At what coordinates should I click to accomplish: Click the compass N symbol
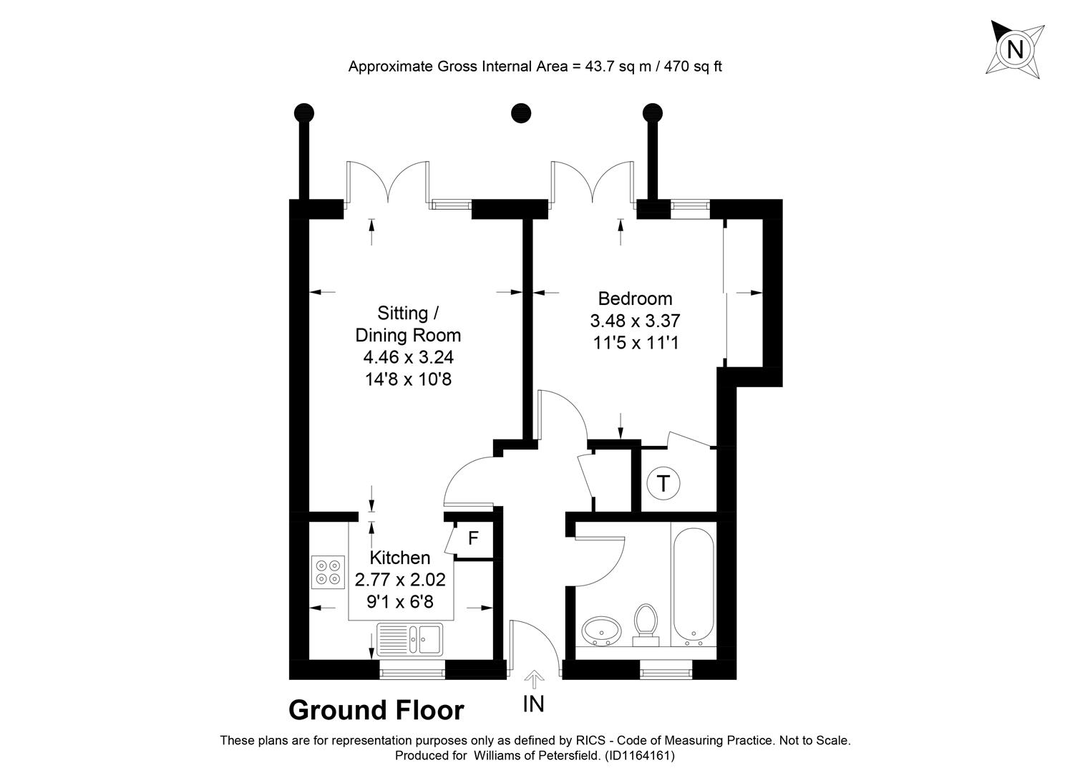point(1015,49)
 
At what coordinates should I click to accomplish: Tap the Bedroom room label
point(635,298)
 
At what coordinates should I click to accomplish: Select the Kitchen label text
point(399,558)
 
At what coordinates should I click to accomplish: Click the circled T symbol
point(663,485)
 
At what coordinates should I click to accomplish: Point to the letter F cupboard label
point(472,538)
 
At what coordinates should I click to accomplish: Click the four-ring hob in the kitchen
point(328,571)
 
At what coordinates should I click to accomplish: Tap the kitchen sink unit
point(410,638)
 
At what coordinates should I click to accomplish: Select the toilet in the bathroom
point(646,621)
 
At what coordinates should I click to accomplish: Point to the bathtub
point(693,583)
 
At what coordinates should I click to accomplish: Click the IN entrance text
point(533,704)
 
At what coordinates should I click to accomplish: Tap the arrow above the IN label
point(534,679)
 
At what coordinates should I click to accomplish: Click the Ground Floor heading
point(376,711)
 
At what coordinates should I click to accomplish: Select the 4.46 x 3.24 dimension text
point(408,357)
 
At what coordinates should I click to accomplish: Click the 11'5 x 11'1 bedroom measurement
point(635,343)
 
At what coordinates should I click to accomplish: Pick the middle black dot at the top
point(521,113)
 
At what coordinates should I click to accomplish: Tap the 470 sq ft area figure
point(694,67)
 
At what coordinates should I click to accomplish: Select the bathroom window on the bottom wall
point(666,671)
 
